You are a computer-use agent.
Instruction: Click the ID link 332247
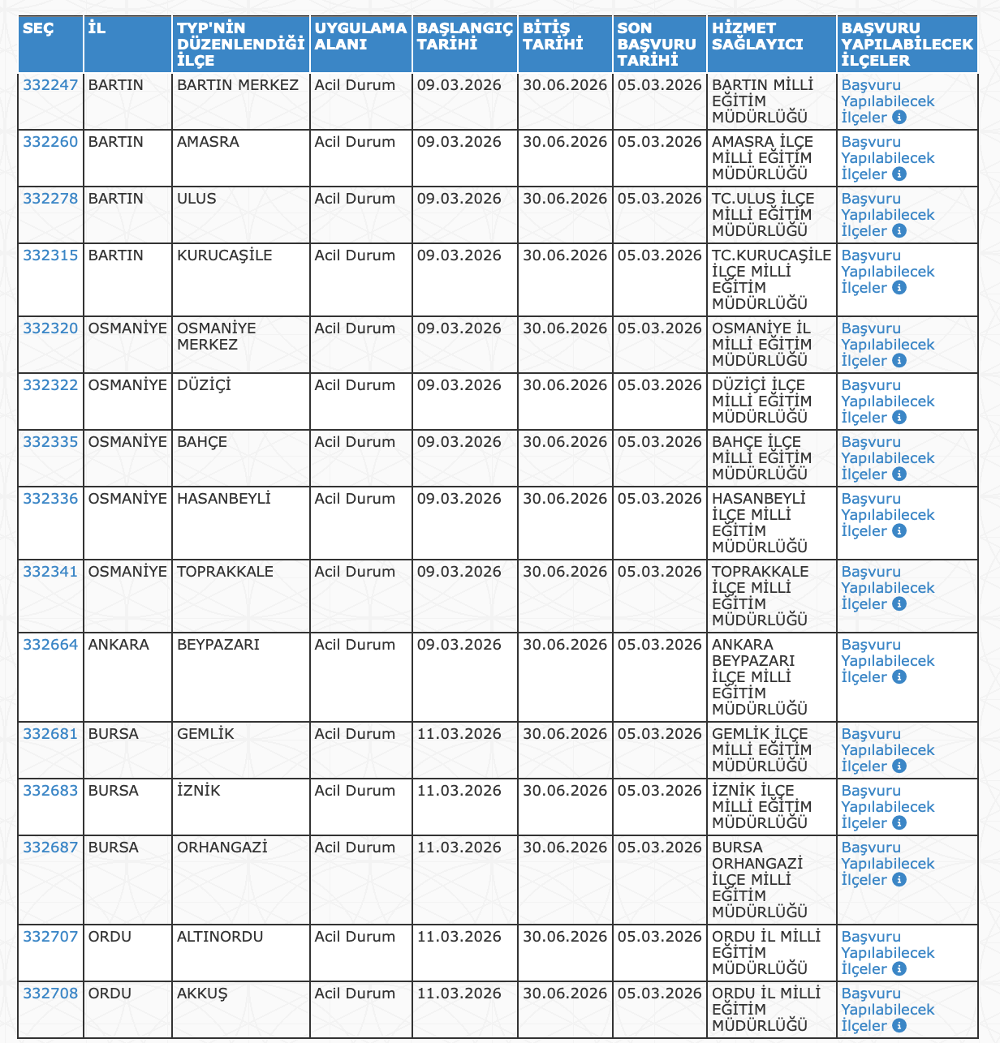click(50, 85)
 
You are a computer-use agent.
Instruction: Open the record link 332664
click(50, 645)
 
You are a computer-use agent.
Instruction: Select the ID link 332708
click(50, 994)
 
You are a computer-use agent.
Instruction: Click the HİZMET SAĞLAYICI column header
click(757, 36)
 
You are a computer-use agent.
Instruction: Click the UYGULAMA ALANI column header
click(360, 36)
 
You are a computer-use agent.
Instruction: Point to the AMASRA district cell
click(208, 142)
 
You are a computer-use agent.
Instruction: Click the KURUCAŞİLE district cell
click(225, 255)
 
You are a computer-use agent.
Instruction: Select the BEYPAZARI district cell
click(218, 645)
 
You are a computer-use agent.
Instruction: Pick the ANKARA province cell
click(119, 645)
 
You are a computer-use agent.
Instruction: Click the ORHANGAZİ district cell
click(222, 848)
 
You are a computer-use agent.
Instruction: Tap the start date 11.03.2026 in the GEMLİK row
click(459, 734)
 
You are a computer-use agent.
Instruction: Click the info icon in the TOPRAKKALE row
click(899, 604)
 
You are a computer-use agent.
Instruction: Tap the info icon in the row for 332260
click(899, 174)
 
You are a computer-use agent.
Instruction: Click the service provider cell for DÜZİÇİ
click(761, 401)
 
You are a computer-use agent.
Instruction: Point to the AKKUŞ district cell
click(202, 994)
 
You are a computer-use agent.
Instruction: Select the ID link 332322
click(50, 385)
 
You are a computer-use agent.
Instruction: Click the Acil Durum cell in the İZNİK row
click(355, 791)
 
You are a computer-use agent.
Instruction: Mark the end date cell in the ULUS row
click(565, 199)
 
